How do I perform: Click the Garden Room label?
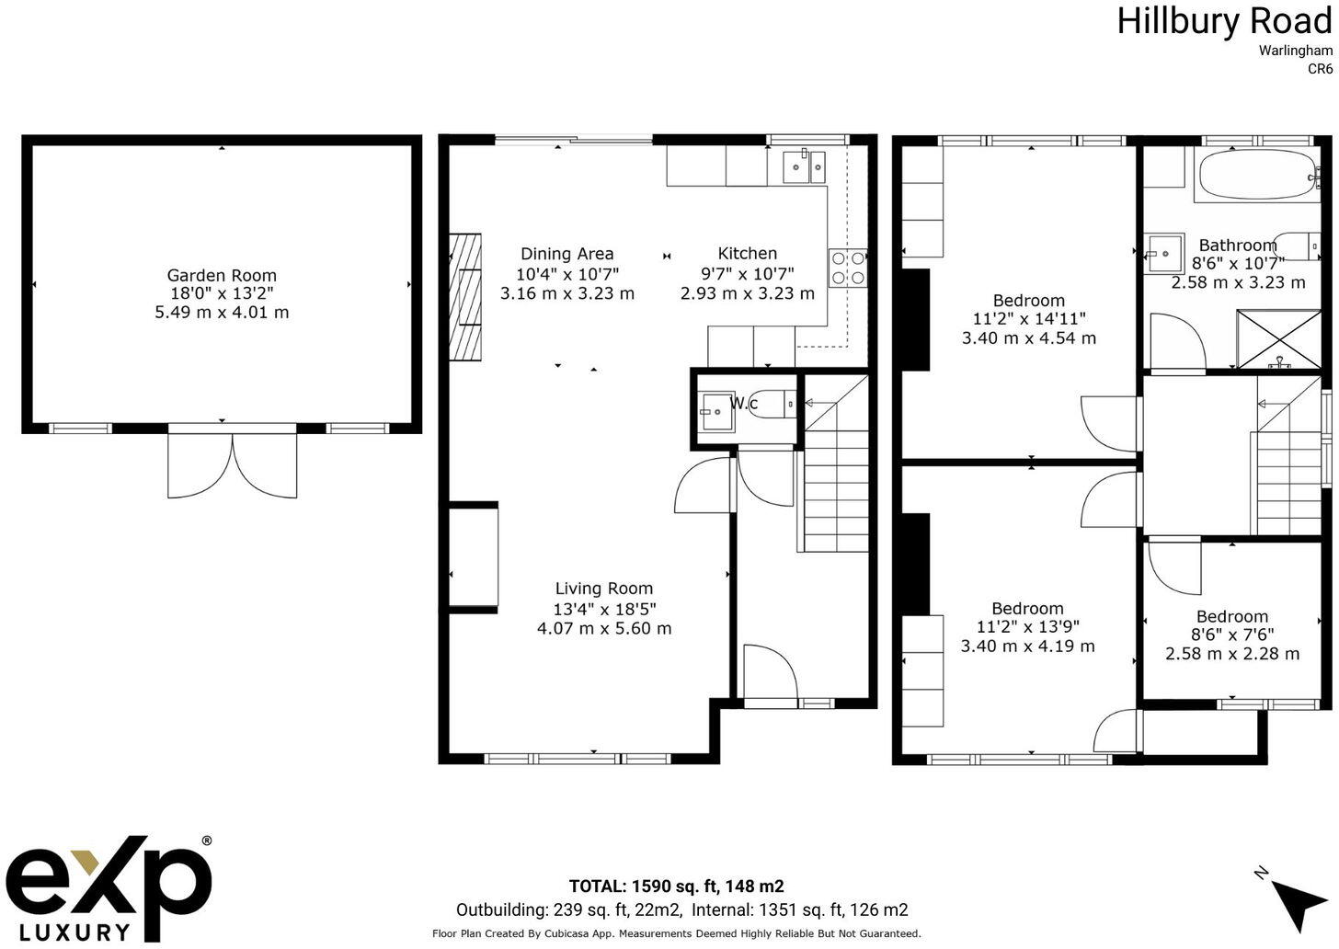click(222, 275)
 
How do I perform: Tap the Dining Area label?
click(566, 254)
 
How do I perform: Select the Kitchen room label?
click(747, 253)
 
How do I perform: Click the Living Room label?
click(603, 589)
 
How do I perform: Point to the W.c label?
click(743, 403)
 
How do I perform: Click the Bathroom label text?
click(1237, 245)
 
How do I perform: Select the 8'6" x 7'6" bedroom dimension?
click(1231, 635)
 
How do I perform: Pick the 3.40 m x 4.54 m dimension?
click(1028, 337)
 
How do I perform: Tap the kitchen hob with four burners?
click(848, 268)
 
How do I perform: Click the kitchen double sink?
click(804, 166)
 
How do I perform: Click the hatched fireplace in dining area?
click(465, 297)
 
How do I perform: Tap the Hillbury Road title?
click(1223, 20)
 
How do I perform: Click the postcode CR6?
click(1320, 68)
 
